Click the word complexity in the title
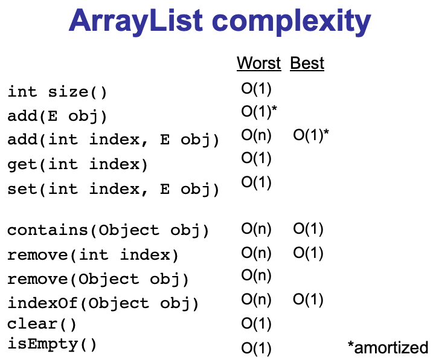[291, 22]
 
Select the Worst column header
[258, 63]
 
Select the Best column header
[307, 63]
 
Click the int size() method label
[57, 92]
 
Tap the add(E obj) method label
[57, 116]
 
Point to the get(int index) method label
[77, 165]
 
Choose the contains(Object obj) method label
[107, 230]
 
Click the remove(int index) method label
[92, 255]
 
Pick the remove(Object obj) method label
[98, 279]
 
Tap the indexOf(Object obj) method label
[103, 303]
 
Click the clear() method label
[42, 324]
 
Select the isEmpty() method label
[52, 344]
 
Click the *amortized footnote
[388, 347]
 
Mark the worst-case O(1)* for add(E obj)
[259, 112]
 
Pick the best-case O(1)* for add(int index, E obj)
[311, 135]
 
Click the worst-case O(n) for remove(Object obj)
[256, 275]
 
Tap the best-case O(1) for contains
[308, 230]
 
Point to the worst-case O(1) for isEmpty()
[256, 349]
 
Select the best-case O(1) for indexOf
[308, 300]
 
